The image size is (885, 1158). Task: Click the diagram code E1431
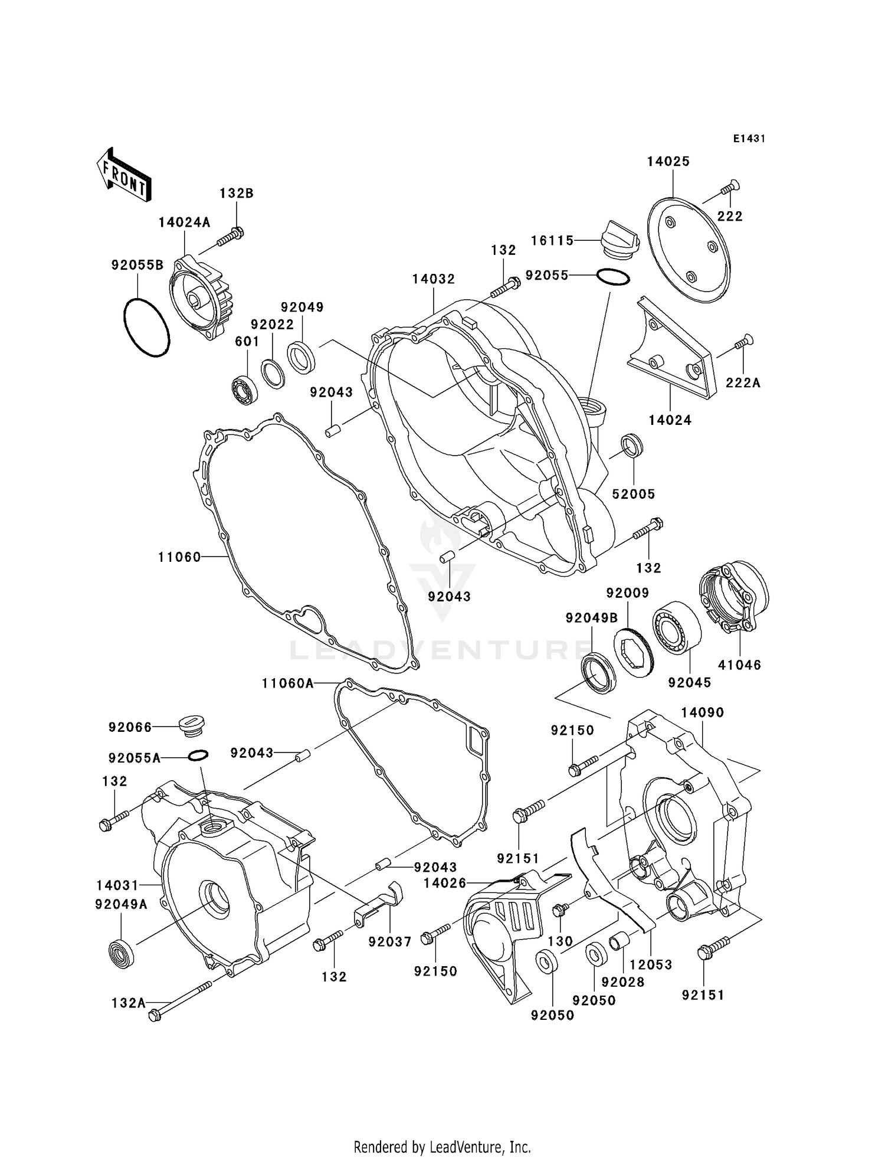point(749,139)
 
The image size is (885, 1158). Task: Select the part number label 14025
point(668,162)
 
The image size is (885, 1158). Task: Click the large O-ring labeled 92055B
point(147,328)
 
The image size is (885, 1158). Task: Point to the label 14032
point(434,279)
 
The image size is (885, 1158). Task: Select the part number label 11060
point(179,557)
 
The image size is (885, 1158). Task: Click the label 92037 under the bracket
point(390,942)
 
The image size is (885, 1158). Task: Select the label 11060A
point(288,683)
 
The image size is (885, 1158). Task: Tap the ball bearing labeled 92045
point(677,627)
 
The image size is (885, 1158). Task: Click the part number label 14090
point(702,712)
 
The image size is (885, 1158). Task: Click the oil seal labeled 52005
point(632,446)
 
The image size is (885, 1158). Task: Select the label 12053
point(651,964)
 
